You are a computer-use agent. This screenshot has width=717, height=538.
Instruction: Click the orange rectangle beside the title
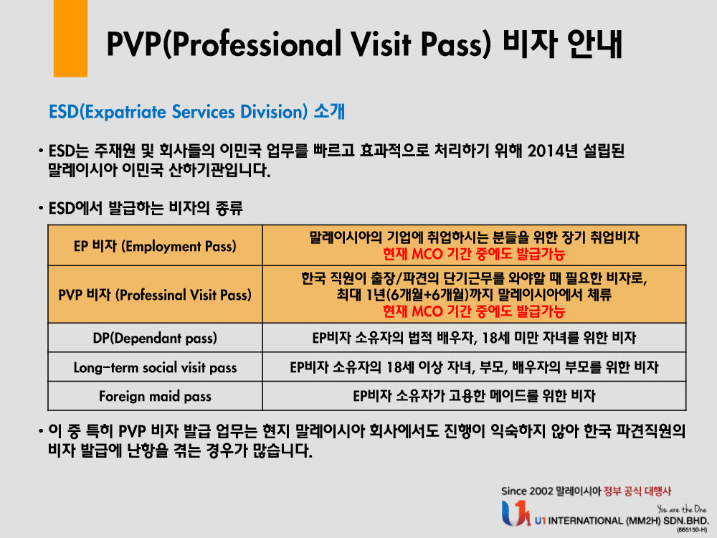(70, 39)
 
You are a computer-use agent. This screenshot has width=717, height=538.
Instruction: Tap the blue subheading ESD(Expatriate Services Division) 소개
(196, 112)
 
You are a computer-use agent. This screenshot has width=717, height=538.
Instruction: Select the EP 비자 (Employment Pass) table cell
(155, 246)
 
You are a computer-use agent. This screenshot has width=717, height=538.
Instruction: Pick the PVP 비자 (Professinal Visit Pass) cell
(155, 295)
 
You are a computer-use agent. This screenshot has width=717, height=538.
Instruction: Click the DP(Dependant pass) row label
(155, 337)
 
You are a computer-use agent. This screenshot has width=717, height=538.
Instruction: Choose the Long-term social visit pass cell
(155, 367)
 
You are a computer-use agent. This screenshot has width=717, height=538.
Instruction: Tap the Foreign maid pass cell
(155, 396)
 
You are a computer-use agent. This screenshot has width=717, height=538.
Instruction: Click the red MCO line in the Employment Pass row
(474, 253)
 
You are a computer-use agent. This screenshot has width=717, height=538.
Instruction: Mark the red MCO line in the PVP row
(474, 311)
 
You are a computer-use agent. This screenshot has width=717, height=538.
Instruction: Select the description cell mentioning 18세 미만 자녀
(474, 337)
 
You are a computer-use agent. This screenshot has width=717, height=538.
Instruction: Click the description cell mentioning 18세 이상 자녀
(474, 367)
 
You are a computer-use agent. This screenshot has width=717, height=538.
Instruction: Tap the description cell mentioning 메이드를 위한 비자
(474, 396)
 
